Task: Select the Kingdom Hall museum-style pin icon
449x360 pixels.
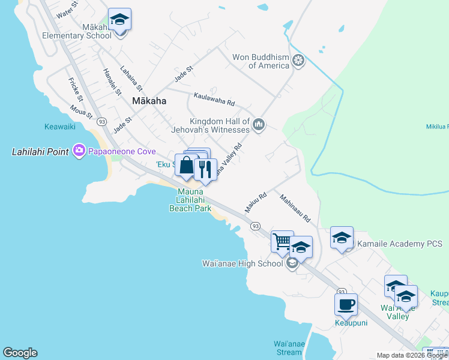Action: coord(259,125)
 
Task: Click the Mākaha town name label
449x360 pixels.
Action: coord(149,101)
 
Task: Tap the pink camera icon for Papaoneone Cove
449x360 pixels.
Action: coord(79,151)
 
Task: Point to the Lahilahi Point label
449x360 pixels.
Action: coord(40,152)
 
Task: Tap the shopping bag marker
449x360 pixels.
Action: coord(187,165)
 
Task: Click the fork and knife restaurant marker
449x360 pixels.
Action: coord(205,170)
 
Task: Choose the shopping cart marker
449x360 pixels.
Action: coord(282,242)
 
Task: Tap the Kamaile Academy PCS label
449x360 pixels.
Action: coord(400,244)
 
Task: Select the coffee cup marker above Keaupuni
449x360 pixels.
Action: coord(346,304)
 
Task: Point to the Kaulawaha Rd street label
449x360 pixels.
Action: coord(214,99)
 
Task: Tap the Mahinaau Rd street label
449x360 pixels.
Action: coord(294,208)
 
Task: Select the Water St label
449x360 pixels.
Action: coord(67,13)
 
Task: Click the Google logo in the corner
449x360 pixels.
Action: coord(20,353)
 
